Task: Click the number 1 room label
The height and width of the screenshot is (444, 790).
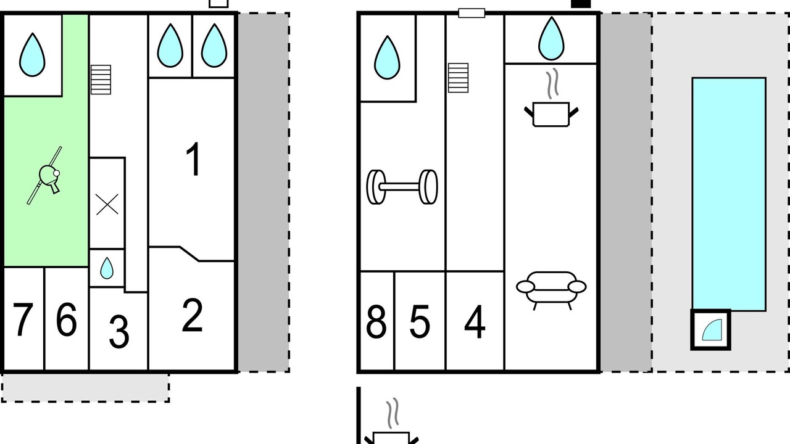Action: click(x=194, y=159)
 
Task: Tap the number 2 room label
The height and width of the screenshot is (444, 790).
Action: click(x=193, y=316)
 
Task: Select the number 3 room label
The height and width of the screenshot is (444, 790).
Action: click(x=118, y=331)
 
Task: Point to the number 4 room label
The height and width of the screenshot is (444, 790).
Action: click(x=474, y=322)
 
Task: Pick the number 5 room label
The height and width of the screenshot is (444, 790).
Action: click(x=420, y=322)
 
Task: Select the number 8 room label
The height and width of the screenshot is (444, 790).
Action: click(x=376, y=322)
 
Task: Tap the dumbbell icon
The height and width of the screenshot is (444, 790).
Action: click(x=402, y=186)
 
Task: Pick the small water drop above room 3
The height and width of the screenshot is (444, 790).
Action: click(x=107, y=268)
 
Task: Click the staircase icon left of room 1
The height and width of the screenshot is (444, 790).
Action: click(x=101, y=80)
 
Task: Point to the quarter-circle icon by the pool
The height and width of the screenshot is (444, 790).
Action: click(x=710, y=330)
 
